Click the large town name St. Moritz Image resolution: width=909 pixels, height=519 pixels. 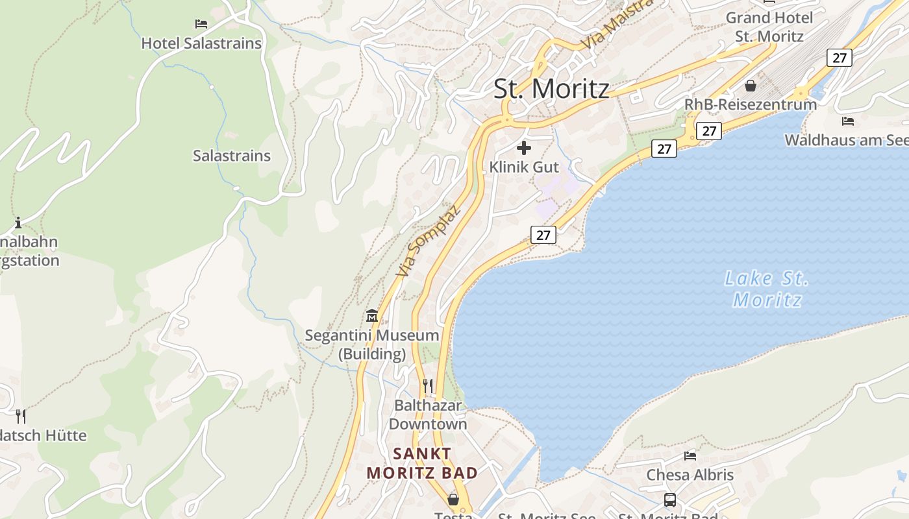(551, 89)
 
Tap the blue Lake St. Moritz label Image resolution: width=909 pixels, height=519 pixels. (767, 289)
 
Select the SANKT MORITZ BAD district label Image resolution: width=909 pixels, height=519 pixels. (422, 463)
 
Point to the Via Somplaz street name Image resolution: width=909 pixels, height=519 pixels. (428, 241)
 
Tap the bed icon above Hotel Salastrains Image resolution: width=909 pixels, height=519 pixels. (201, 24)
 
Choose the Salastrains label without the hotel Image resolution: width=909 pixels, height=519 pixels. (231, 156)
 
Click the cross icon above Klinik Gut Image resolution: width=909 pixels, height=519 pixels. (524, 148)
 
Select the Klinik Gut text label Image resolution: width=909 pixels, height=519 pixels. (524, 167)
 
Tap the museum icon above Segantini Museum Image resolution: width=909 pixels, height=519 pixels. (372, 316)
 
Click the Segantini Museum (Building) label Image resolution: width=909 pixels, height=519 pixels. (372, 344)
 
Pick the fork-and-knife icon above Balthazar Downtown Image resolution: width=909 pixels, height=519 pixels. (427, 386)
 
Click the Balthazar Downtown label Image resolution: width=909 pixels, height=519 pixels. (428, 415)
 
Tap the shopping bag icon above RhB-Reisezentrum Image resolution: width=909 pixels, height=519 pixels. (751, 86)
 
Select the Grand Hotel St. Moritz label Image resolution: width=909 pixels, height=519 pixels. (769, 27)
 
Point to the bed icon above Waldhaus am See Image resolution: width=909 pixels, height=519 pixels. (847, 121)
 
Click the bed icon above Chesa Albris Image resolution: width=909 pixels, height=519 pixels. (690, 455)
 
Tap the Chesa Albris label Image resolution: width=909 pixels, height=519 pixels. (690, 475)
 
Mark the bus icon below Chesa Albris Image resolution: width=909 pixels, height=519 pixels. (669, 500)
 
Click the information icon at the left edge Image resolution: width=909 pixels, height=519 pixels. (18, 223)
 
